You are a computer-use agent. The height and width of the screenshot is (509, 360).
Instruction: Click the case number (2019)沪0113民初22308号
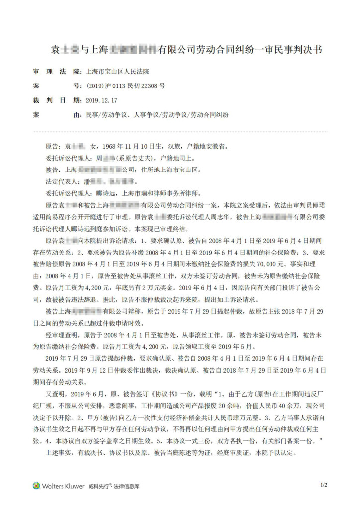(x=125, y=86)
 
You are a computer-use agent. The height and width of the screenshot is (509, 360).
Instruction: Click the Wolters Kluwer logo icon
(x=37, y=485)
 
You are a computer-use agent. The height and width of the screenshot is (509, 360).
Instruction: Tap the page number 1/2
(x=324, y=484)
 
